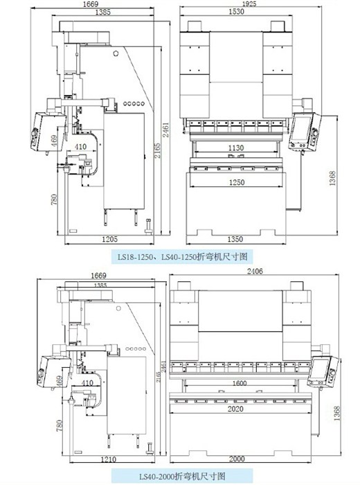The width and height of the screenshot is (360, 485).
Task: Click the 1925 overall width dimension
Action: tap(249, 3)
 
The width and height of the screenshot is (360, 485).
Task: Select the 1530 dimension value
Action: tap(236, 12)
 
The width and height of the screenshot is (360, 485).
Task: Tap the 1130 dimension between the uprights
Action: tap(236, 148)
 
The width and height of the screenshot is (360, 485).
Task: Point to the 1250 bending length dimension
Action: tap(237, 182)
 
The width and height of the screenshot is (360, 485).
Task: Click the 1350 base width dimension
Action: tap(235, 239)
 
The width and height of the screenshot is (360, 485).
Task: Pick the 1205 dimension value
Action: tap(109, 239)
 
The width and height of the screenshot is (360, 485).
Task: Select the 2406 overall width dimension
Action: tap(255, 272)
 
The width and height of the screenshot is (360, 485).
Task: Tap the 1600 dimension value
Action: tap(240, 384)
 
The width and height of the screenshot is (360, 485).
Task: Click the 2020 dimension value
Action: tap(235, 409)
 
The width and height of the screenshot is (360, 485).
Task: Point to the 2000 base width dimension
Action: tap(237, 459)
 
